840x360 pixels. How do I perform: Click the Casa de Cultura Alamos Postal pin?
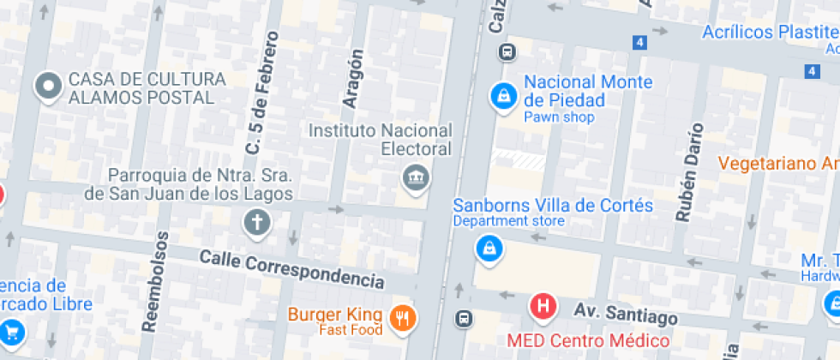(x=48, y=86)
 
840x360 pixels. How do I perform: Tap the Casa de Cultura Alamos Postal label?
(x=147, y=88)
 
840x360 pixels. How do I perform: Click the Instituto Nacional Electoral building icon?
(x=415, y=178)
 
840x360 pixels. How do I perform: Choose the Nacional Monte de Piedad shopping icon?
(x=502, y=96)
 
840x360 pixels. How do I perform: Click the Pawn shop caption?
(x=559, y=117)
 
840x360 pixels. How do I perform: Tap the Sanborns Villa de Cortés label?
(x=553, y=206)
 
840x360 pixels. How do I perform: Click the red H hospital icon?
(x=543, y=305)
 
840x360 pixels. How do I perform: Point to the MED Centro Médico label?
(x=587, y=340)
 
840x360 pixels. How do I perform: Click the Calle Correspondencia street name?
(x=291, y=268)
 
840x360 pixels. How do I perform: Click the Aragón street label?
(x=353, y=78)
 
